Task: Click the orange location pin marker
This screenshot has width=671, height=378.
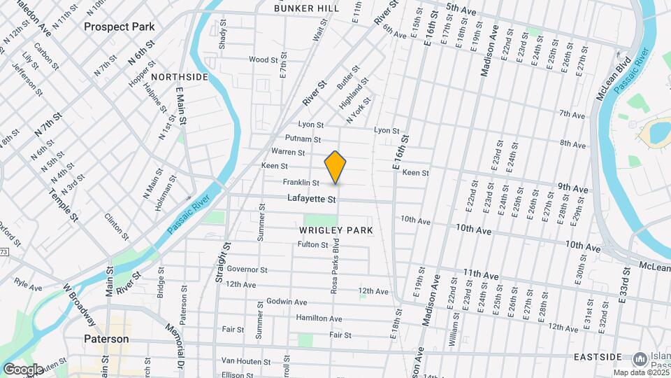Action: pos(335,167)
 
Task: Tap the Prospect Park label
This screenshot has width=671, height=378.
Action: pos(119,27)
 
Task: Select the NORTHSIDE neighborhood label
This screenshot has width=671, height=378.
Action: pos(180,76)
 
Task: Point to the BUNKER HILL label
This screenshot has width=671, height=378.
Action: pos(307,8)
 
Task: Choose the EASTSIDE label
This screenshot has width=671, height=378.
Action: pos(598,357)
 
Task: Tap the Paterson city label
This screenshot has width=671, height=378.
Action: pos(106,339)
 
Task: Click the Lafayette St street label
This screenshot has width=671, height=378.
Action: pos(312,199)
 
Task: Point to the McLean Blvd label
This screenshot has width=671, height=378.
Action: pos(605,78)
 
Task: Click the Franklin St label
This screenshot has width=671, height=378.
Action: pos(301,183)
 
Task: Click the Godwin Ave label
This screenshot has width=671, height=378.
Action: pos(287,302)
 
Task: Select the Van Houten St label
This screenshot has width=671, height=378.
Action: pos(245,362)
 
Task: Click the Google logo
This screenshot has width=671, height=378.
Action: pos(23,369)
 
